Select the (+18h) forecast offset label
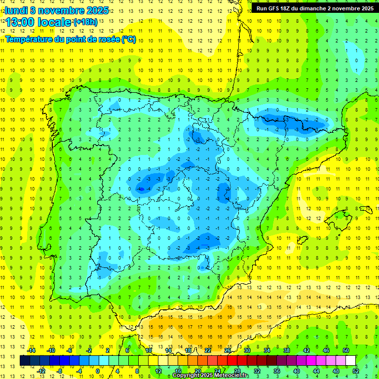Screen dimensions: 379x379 tap(85, 22)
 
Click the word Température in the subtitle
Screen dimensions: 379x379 tap(30, 39)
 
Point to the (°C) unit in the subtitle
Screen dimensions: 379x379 tap(128, 39)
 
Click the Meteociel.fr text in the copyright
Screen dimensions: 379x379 tap(231, 376)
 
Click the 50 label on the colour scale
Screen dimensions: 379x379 tap(345, 350)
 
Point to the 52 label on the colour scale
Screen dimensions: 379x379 tap(355, 371)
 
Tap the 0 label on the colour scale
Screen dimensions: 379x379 tap(98, 371)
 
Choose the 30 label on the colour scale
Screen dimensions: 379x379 tap(247, 350)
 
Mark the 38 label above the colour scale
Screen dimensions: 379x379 tap(287, 350)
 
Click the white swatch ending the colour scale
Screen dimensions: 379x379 tap(350, 361)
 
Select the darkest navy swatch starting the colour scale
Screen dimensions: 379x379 tap(25, 361)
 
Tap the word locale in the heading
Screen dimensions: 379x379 tap(55, 22)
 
